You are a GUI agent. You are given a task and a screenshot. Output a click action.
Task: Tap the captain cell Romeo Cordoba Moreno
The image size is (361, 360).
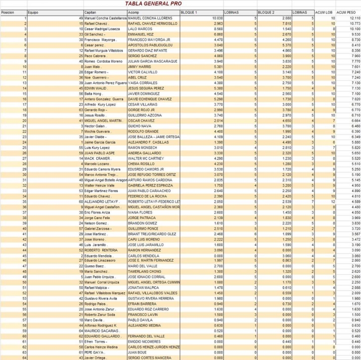click(x=104, y=61)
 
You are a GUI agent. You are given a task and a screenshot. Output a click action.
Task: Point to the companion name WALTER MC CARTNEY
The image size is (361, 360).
click(x=146, y=158)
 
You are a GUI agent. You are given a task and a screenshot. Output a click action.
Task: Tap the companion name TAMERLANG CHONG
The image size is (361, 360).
click(x=145, y=272)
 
